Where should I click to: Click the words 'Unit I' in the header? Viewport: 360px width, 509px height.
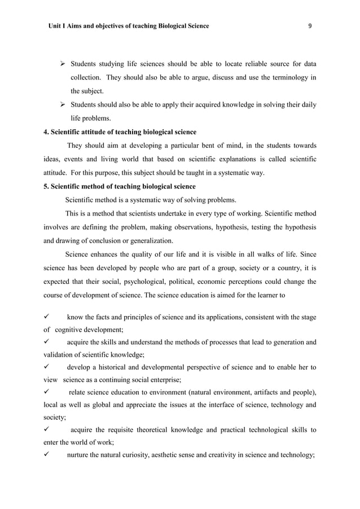58,26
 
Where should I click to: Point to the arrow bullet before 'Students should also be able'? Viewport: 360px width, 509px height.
64,105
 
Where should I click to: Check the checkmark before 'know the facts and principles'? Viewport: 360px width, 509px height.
47,317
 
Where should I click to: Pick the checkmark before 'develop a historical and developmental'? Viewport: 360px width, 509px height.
47,367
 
